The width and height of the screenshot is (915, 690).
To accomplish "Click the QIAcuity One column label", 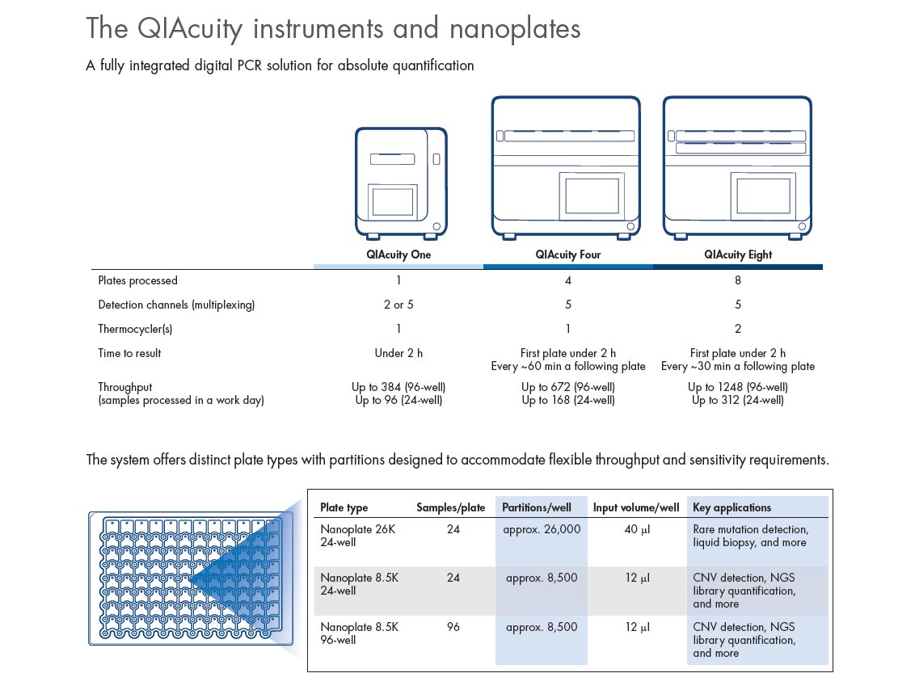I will [x=398, y=255].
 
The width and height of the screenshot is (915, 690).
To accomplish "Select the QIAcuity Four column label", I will [x=567, y=255].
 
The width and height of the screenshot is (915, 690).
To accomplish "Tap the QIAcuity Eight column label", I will [x=737, y=255].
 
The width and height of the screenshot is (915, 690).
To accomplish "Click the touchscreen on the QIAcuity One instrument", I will [x=393, y=200].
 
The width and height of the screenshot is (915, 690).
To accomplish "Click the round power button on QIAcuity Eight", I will [x=799, y=227].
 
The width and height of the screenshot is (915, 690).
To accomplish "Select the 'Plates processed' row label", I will [x=137, y=280].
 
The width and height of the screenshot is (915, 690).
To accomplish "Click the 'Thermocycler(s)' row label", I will [x=135, y=329].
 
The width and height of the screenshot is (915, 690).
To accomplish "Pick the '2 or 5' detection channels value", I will [x=398, y=305].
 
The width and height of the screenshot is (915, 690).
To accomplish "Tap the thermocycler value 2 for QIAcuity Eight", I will [x=737, y=329].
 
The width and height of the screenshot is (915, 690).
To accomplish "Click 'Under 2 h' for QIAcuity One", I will [x=398, y=353].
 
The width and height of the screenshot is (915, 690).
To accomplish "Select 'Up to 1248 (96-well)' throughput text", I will [x=737, y=387].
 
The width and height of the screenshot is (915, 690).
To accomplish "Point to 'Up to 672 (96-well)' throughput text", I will [x=567, y=387].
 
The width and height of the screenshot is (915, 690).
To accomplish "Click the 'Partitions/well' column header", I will [x=536, y=507].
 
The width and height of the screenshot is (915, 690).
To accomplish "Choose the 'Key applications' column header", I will [x=732, y=507].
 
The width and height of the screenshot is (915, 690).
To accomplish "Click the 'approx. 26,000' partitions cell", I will [x=542, y=529].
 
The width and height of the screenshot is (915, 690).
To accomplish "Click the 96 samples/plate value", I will [x=453, y=626].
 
